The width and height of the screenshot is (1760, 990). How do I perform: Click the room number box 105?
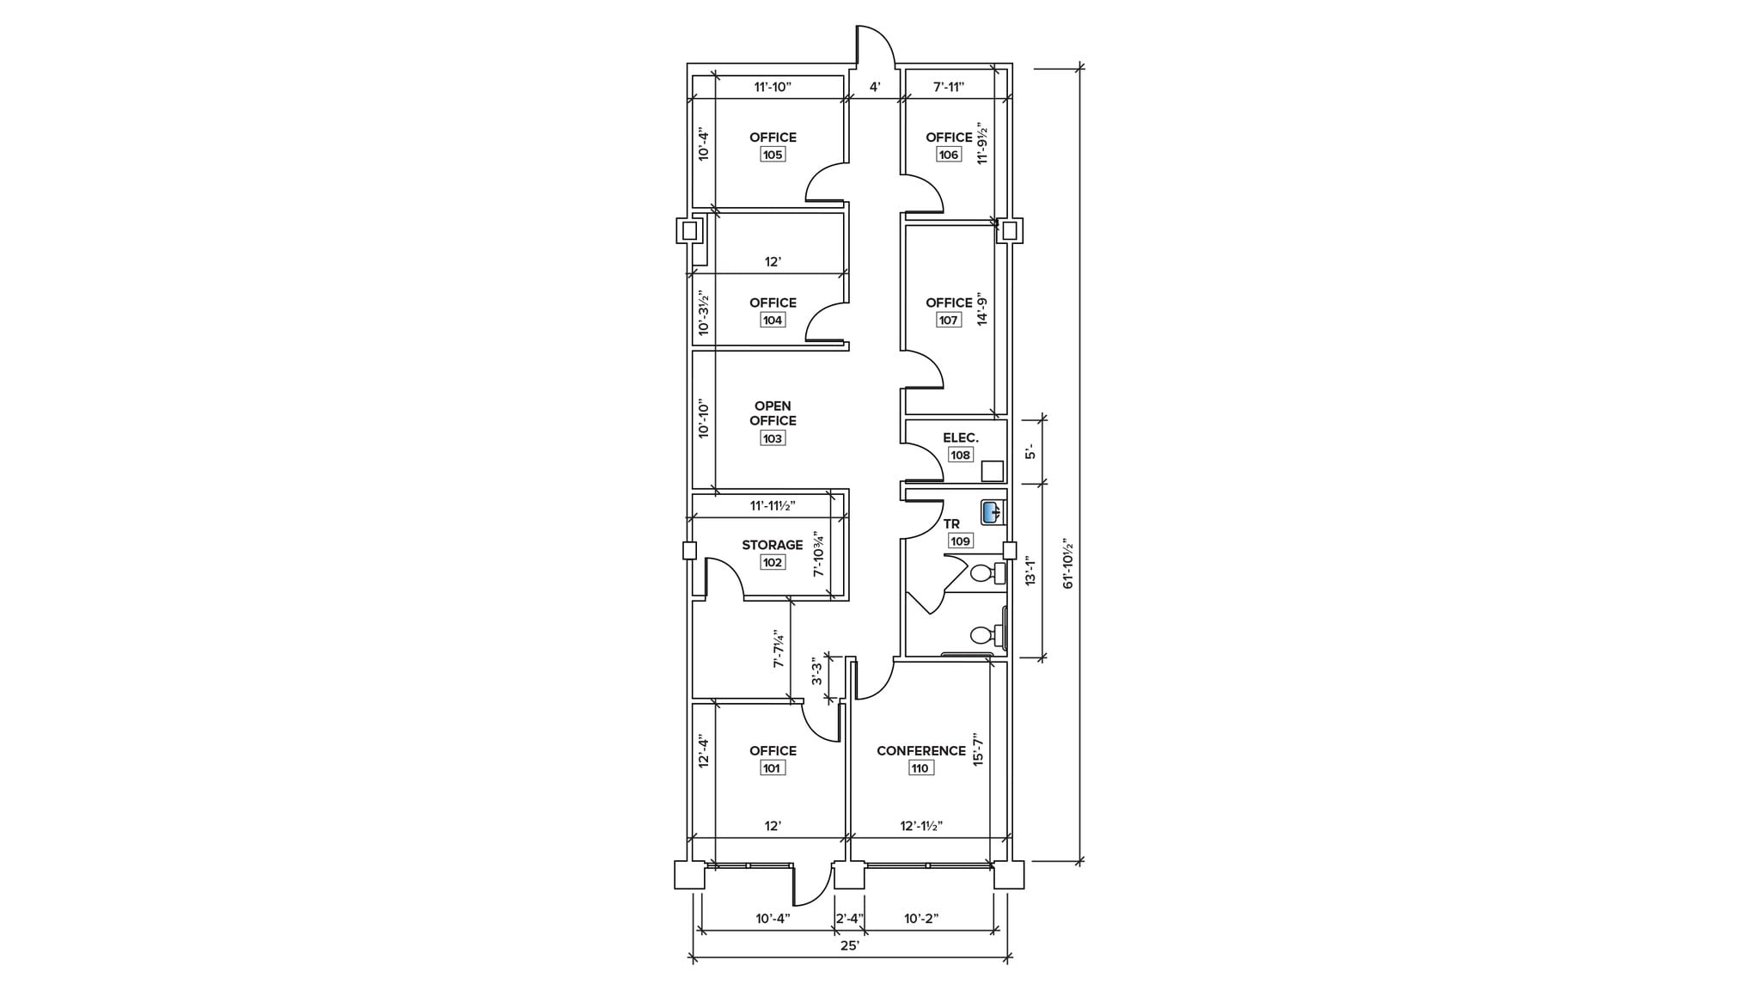pyautogui.click(x=772, y=155)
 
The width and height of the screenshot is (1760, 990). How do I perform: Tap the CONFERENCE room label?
pyautogui.click(x=920, y=750)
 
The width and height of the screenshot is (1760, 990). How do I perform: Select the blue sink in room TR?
pyautogui.click(x=992, y=514)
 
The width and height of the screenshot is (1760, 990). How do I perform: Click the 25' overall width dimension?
pyautogui.click(x=850, y=945)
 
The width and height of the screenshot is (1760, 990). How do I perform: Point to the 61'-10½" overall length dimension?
pyautogui.click(x=1069, y=564)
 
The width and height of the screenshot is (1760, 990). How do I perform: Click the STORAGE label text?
pyautogui.click(x=772, y=545)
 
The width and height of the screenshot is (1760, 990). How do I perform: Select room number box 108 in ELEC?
pyautogui.click(x=960, y=455)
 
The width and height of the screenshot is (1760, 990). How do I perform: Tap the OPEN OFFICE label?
pyautogui.click(x=772, y=413)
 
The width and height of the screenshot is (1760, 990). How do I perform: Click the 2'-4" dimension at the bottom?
pyautogui.click(x=849, y=919)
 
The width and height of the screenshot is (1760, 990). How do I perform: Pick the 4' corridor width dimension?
pyautogui.click(x=874, y=87)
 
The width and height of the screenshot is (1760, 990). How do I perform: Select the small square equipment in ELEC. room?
pyautogui.click(x=992, y=471)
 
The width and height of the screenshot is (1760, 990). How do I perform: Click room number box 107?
pyautogui.click(x=948, y=320)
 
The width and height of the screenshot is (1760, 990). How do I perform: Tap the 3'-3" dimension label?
pyautogui.click(x=817, y=671)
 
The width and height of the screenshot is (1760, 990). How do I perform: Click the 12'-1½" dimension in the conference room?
pyautogui.click(x=921, y=826)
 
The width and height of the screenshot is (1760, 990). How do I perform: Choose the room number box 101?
pyautogui.click(x=772, y=768)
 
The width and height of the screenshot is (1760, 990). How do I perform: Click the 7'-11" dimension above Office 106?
pyautogui.click(x=949, y=87)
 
